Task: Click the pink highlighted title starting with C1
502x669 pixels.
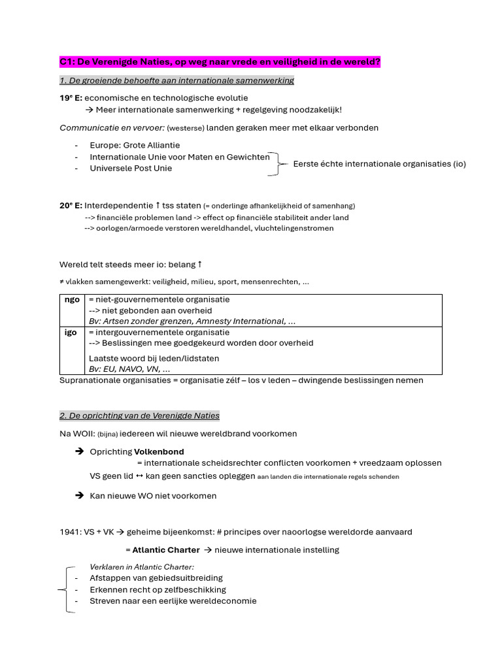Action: pos(220,62)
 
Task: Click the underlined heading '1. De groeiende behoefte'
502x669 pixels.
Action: pos(176,80)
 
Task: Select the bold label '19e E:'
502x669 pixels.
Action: pos(71,97)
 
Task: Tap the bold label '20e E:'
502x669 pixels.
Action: pos(71,205)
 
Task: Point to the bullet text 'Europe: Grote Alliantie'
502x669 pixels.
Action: pos(135,145)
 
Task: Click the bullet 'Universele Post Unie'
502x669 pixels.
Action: pos(131,168)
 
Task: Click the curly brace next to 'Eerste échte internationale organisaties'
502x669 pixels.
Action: pos(279,164)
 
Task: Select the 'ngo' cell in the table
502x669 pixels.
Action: pos(72,300)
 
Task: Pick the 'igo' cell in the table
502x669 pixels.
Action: pos(71,333)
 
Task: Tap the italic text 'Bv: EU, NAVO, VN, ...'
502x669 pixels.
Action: pos(129,369)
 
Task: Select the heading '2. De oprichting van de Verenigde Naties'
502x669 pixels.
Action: pos(139,416)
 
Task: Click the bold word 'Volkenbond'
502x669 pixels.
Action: pos(159,451)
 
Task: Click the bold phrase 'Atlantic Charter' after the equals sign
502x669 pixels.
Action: pos(166,550)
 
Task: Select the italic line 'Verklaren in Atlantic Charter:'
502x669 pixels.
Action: pos(142,566)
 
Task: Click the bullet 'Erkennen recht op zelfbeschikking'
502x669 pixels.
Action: pos(158,589)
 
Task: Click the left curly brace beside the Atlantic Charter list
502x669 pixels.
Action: pos(63,589)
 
